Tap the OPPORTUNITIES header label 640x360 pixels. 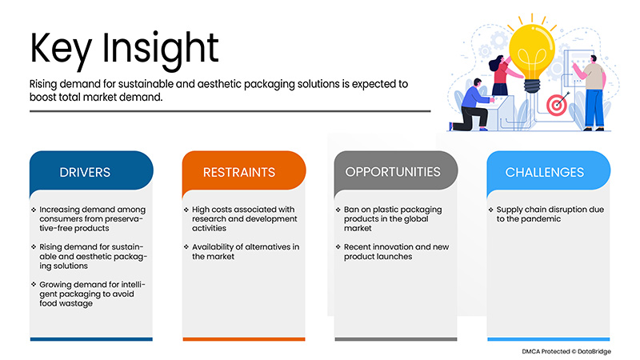click(393, 171)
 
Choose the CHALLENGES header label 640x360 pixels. click(545, 172)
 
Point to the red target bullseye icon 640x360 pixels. click(555, 104)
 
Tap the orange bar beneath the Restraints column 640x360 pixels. click(243, 339)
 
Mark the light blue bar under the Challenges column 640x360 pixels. click(549, 339)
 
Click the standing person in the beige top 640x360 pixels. click(593, 92)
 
